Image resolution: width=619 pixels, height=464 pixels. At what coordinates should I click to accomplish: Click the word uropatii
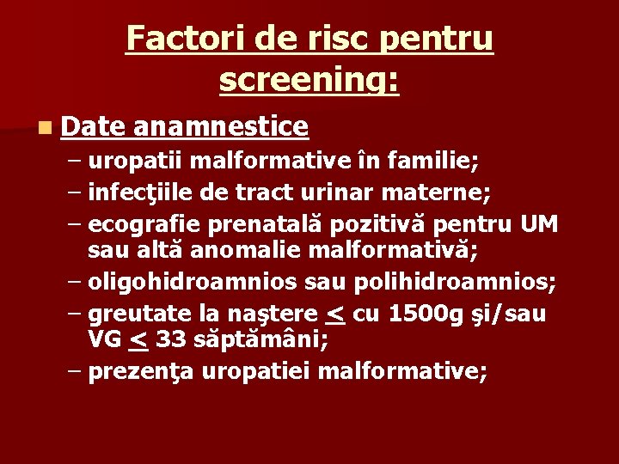pos(134,160)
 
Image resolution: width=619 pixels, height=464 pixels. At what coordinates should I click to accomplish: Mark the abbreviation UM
pos(539,225)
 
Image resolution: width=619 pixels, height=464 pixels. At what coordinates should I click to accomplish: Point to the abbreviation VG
pos(105,339)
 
